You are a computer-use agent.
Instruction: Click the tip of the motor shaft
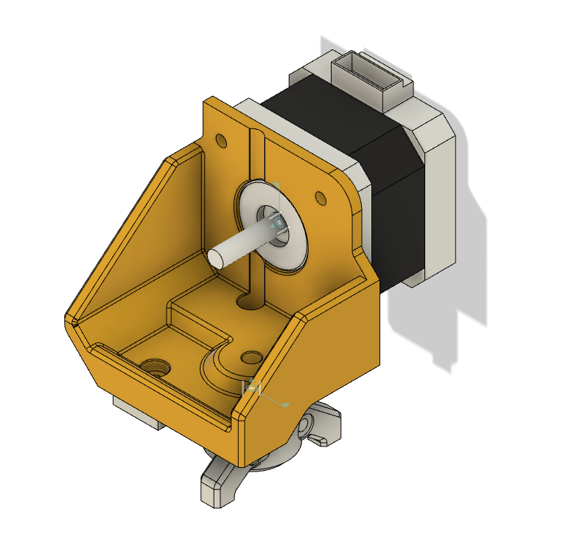(217, 257)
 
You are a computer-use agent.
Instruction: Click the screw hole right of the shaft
(320, 197)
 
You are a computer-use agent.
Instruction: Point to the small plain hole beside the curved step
(252, 357)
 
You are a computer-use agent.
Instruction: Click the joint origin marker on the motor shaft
(278, 221)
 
